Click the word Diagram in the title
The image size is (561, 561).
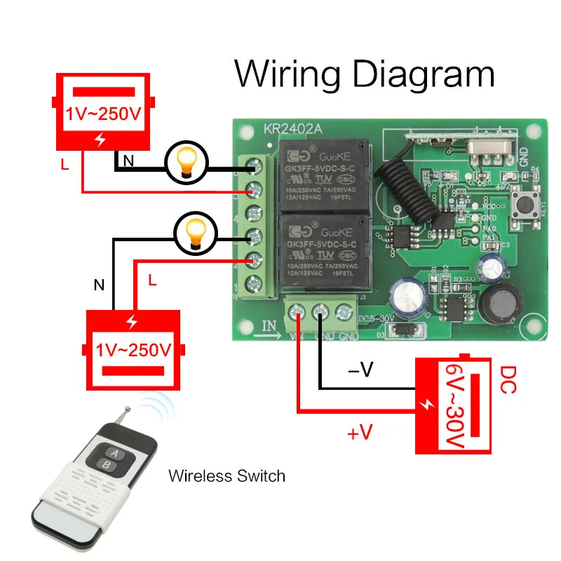pyautogui.click(x=424, y=74)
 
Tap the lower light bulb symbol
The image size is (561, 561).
pyautogui.click(x=193, y=233)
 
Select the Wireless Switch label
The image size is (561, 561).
pyautogui.click(x=227, y=476)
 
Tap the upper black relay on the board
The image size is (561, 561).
pyautogui.click(x=324, y=172)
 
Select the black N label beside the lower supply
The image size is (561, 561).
pyautogui.click(x=99, y=285)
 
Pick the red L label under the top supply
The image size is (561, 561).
pyautogui.click(x=65, y=165)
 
